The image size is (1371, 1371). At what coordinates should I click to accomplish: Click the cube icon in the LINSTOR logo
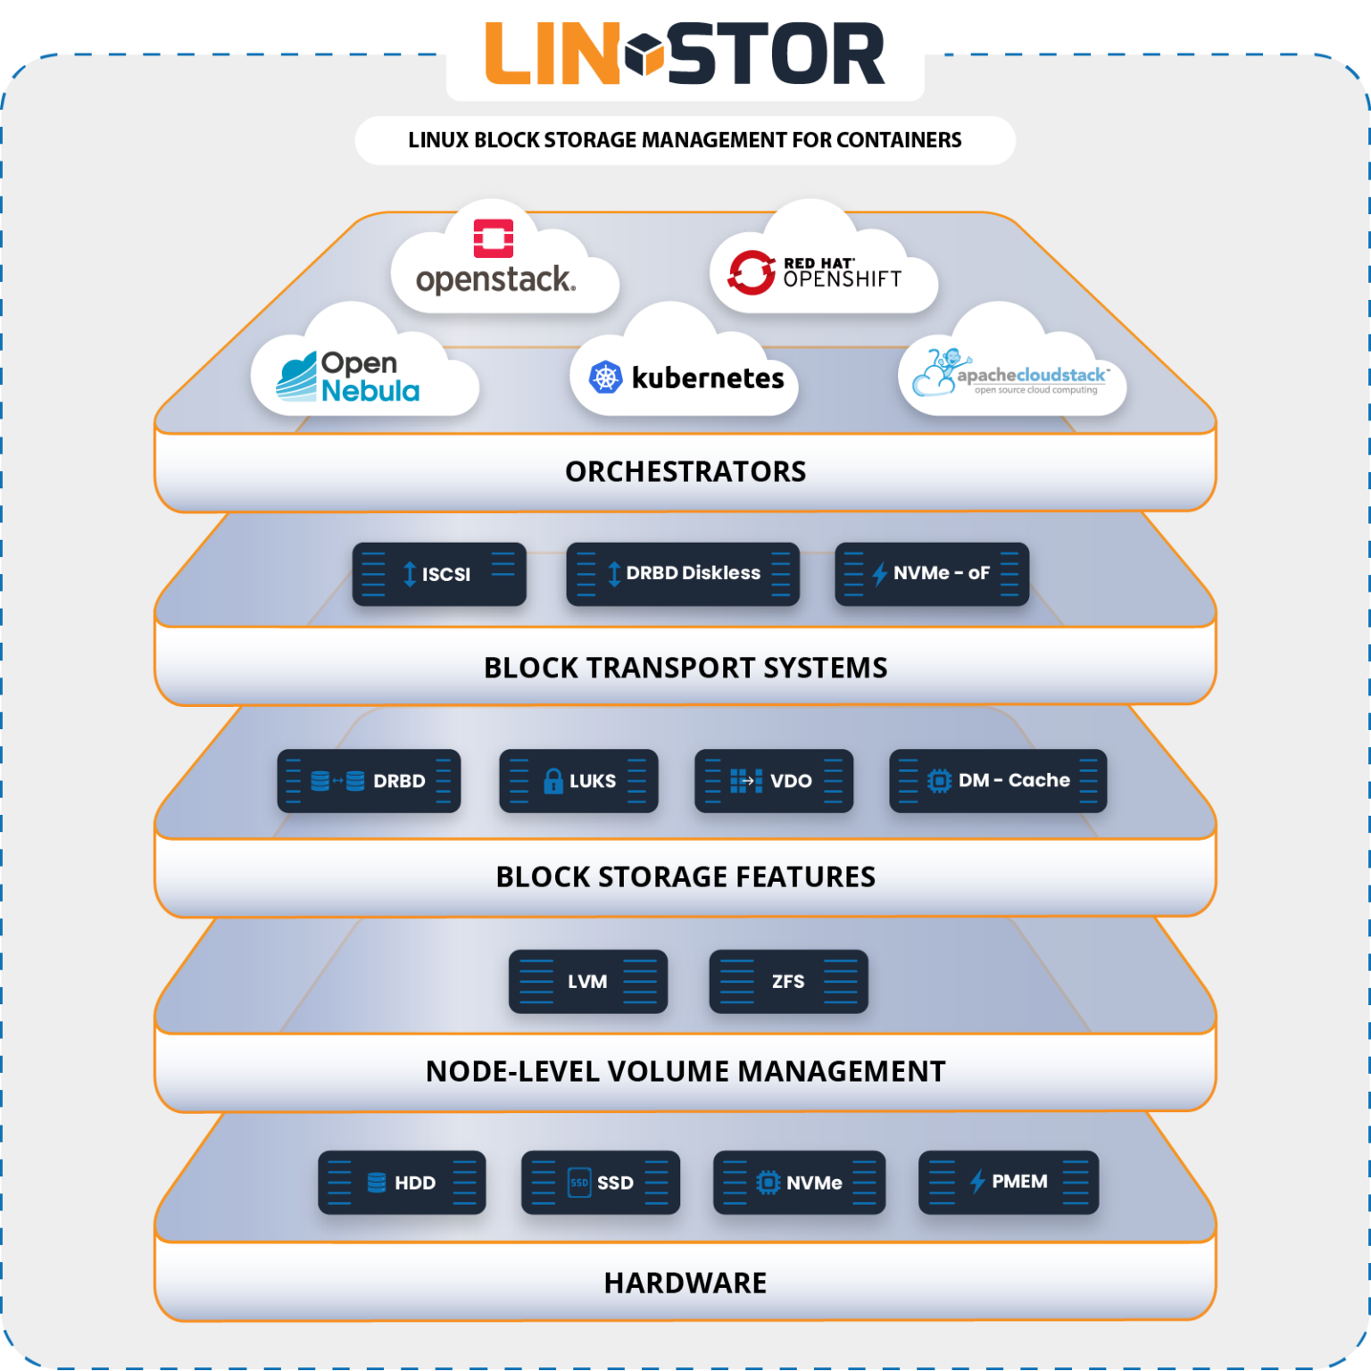[x=644, y=54]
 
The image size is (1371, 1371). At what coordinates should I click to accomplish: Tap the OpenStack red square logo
[x=493, y=238]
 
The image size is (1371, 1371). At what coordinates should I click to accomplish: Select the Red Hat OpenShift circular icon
[x=751, y=272]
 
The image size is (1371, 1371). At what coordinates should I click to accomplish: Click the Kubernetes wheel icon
[x=605, y=378]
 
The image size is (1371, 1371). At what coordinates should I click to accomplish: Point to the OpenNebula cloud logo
[x=349, y=377]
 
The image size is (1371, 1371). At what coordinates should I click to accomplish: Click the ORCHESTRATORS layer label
[x=685, y=471]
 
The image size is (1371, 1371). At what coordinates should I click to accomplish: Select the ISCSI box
[x=439, y=574]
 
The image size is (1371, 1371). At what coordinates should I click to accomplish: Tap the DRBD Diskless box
[x=683, y=574]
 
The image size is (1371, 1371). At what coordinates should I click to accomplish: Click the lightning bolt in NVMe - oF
[x=879, y=574]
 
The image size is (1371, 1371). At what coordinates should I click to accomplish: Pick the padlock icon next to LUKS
[x=553, y=781]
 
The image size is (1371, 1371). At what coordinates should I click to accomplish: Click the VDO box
[x=773, y=781]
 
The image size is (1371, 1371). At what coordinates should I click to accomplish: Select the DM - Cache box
[x=998, y=781]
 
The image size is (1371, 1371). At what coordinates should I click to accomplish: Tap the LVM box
[x=587, y=982]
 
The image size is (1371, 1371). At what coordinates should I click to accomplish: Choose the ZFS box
[x=788, y=982]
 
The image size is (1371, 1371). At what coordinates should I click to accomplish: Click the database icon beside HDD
[x=377, y=1183]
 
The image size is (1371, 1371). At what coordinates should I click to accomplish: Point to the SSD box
[x=600, y=1183]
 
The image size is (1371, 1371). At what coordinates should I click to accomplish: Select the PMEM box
[x=1009, y=1183]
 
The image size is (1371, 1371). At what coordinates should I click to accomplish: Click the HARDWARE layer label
[x=685, y=1283]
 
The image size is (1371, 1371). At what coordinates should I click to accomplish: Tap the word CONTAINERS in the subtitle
[x=899, y=140]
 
